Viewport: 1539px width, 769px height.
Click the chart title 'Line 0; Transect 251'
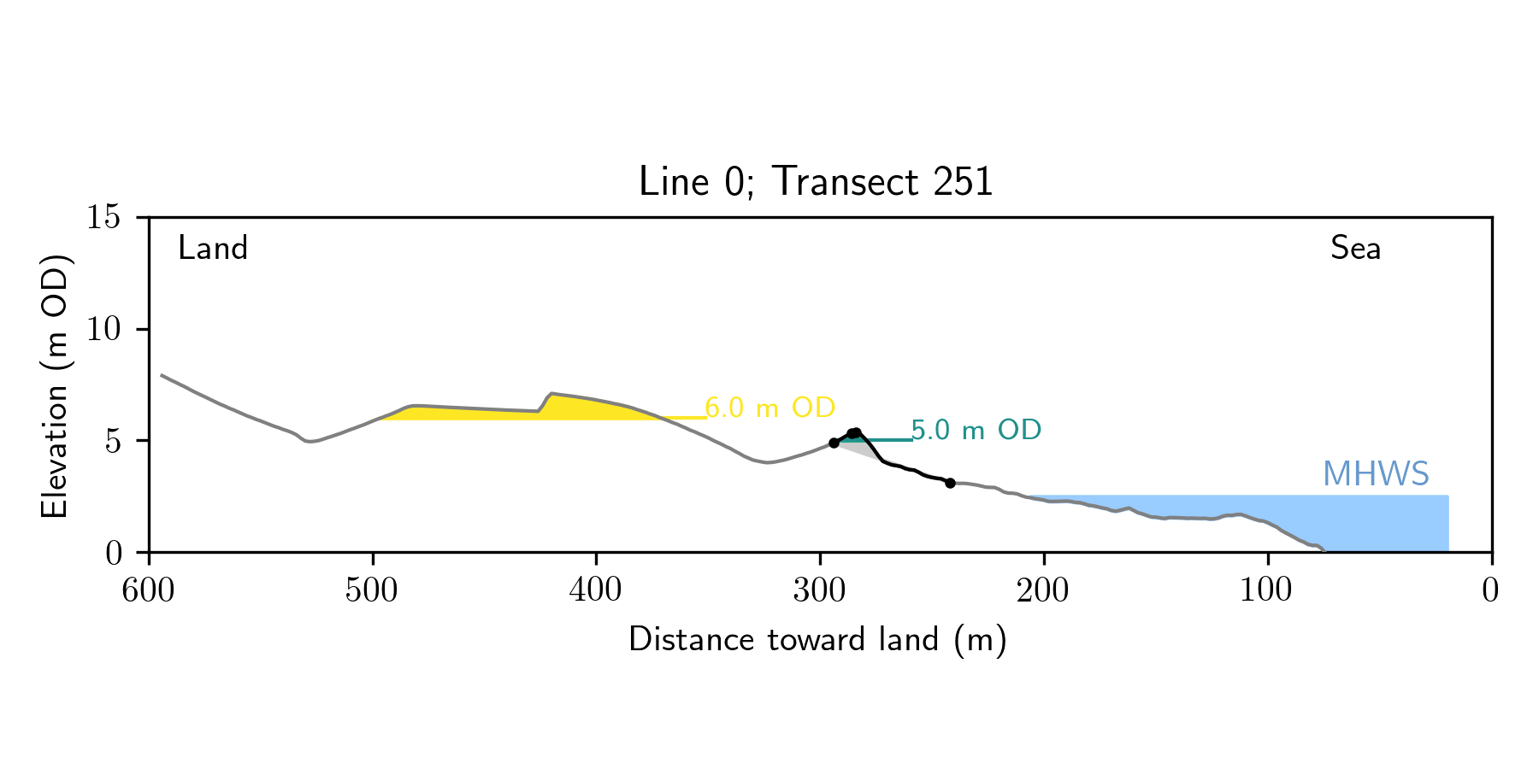pos(816,182)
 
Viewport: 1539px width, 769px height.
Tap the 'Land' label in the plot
pos(213,249)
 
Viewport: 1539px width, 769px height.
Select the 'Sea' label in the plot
pos(1355,249)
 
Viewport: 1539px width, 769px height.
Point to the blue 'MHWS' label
pos(1376,474)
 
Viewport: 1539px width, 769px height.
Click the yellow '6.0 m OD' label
pos(769,408)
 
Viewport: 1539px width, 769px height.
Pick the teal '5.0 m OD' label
pos(976,430)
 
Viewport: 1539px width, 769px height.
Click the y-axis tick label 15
pos(103,218)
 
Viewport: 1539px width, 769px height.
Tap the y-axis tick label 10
pos(103,330)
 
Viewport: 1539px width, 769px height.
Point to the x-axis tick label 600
pos(149,590)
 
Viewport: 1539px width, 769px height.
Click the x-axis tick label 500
pos(372,590)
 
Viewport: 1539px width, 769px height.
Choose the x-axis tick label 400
pos(596,590)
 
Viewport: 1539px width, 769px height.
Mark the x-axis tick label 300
pos(820,590)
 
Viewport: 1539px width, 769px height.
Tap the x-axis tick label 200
pos(1043,590)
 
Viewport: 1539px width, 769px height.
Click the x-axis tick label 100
pos(1267,590)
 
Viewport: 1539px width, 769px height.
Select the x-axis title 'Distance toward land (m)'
pos(817,640)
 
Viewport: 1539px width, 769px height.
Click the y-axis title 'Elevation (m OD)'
pos(55,385)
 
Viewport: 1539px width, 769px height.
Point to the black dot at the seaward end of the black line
pos(950,483)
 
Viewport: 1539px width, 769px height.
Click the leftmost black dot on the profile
pos(834,443)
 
